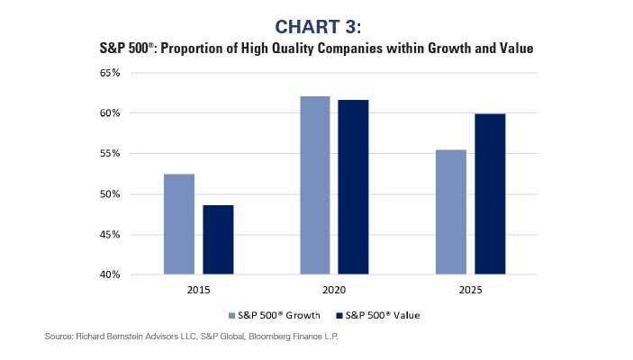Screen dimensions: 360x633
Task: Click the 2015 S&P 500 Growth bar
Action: click(x=178, y=224)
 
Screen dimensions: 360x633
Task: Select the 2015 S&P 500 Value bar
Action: click(x=218, y=239)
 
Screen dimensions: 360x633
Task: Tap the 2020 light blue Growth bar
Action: click(x=314, y=184)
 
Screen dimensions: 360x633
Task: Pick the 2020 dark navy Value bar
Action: click(x=353, y=186)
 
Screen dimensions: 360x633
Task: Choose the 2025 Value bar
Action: click(x=490, y=193)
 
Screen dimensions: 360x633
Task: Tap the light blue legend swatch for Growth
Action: click(x=233, y=315)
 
